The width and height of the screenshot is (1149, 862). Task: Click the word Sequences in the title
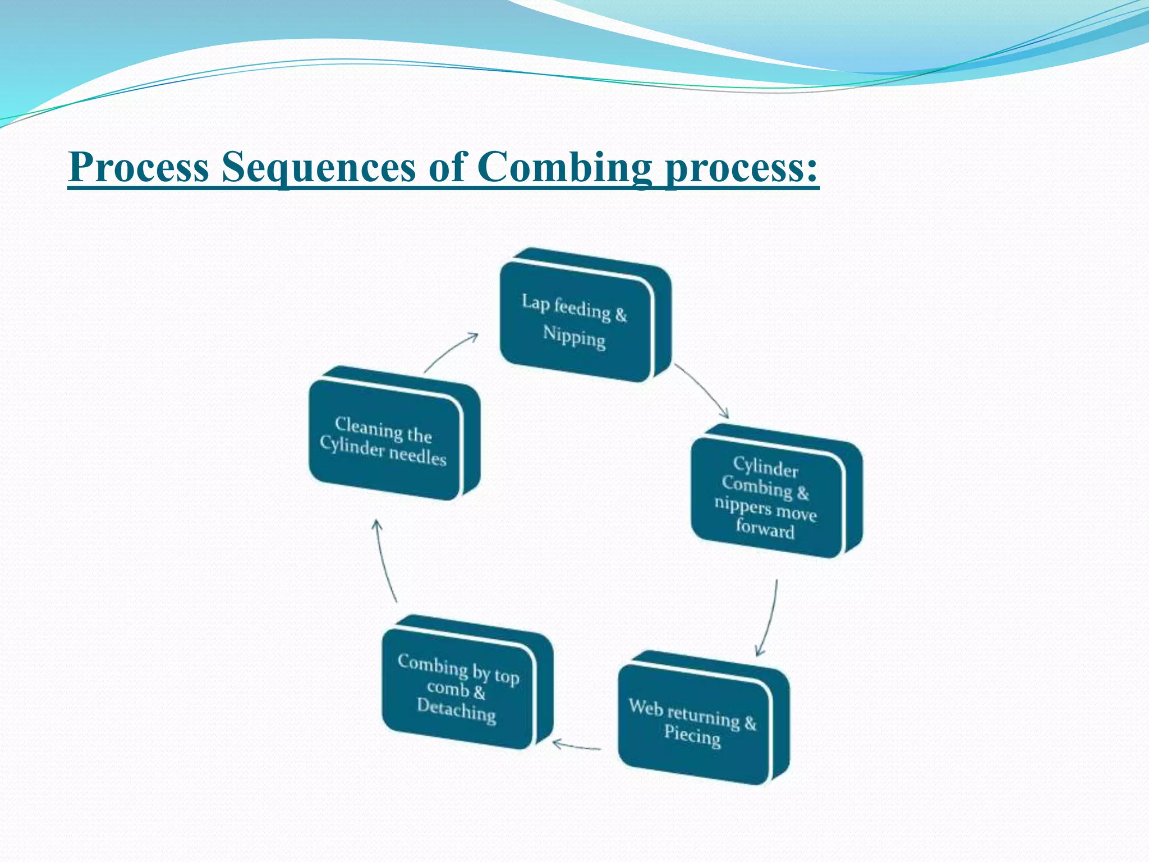(x=318, y=167)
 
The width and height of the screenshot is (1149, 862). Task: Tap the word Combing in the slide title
(x=564, y=167)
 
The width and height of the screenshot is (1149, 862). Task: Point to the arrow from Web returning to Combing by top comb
(x=576, y=746)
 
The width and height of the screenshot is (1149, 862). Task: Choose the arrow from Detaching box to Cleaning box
(x=384, y=561)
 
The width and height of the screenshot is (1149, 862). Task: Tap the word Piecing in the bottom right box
(x=692, y=735)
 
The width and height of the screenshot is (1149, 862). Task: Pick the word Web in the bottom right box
(x=646, y=707)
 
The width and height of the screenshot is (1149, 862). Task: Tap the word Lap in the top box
(x=535, y=302)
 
